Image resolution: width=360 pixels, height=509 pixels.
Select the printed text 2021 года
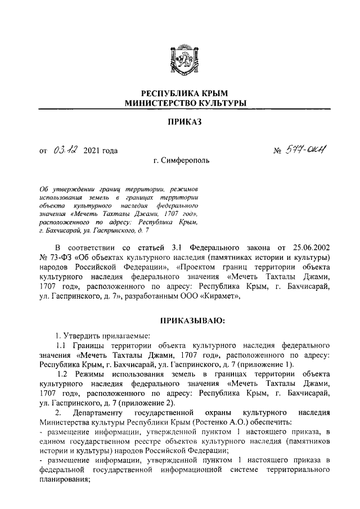pos(100,151)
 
